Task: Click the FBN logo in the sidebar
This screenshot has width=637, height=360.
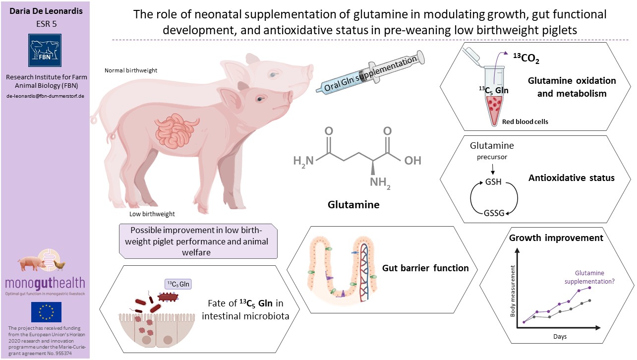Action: (x=45, y=50)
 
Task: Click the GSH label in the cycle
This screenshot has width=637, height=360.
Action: (x=493, y=182)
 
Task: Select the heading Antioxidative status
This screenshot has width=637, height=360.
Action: (x=571, y=178)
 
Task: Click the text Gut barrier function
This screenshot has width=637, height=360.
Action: (x=425, y=268)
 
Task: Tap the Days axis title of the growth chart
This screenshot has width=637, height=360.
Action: (x=560, y=337)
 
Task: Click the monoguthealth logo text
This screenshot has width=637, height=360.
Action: (x=45, y=283)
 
